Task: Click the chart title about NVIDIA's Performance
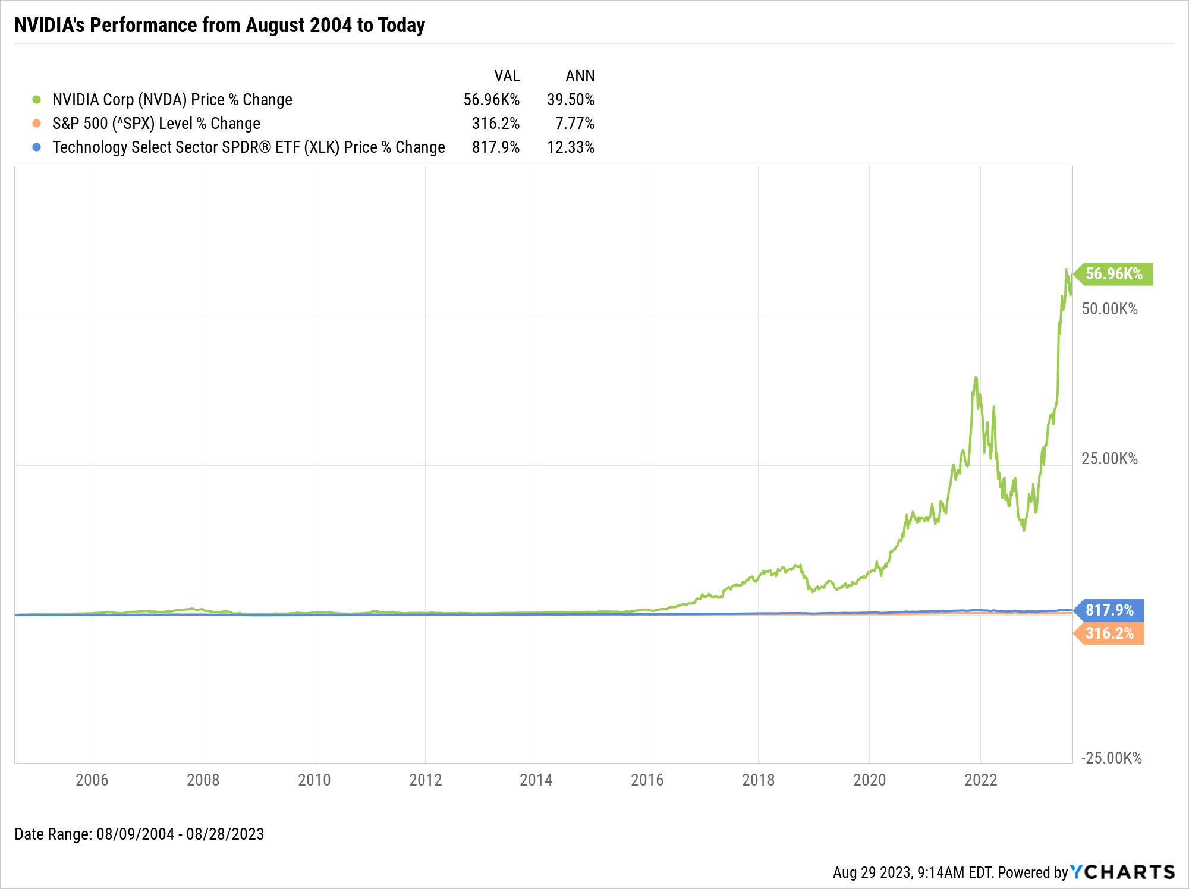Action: (219, 26)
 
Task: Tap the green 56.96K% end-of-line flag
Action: (1113, 274)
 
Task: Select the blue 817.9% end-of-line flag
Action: (1109, 610)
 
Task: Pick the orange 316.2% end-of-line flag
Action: (1109, 633)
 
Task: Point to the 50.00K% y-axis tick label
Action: (1109, 309)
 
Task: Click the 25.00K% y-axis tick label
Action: (1109, 459)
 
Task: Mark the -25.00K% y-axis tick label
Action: (1111, 758)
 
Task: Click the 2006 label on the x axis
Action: (92, 780)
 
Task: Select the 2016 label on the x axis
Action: (647, 780)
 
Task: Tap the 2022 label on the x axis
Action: (980, 780)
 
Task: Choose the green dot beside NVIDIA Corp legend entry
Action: (37, 100)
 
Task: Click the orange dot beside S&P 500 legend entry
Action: (37, 124)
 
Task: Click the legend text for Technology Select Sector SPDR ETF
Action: (249, 147)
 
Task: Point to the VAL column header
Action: (507, 76)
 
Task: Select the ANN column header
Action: (580, 76)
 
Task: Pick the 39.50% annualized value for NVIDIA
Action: (571, 100)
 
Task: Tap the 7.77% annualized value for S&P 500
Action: (574, 124)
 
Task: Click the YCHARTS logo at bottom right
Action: (1122, 872)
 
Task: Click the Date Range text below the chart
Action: (139, 834)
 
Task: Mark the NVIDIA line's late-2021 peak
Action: (976, 377)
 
